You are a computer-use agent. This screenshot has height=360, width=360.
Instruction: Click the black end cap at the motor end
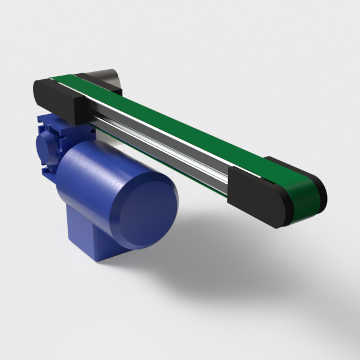point(60,99)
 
